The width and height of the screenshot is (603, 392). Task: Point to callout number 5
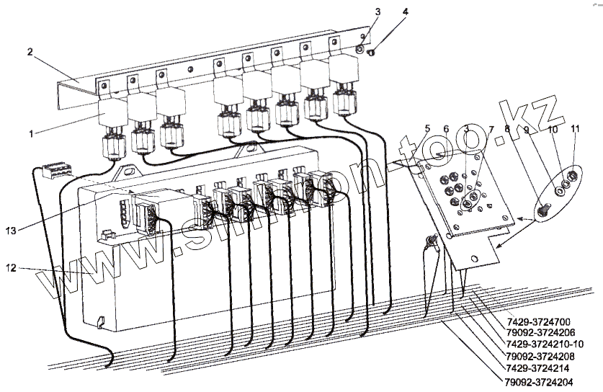(x=428, y=130)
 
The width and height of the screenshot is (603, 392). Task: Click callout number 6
(x=447, y=130)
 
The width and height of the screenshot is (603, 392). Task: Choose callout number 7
(x=491, y=130)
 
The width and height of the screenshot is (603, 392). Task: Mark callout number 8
(x=507, y=130)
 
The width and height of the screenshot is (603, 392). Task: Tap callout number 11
(x=575, y=130)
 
